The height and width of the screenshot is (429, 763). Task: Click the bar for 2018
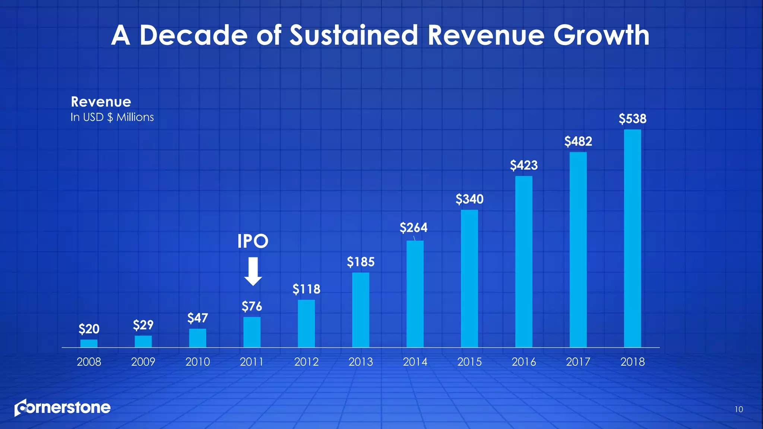point(632,238)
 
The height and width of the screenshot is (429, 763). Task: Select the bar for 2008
point(89,343)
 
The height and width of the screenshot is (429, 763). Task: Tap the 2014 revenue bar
point(415,294)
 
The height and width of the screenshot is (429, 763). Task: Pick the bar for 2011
point(252,332)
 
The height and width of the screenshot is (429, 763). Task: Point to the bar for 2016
point(523,261)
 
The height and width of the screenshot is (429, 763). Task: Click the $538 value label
point(632,119)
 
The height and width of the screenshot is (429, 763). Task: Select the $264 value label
point(414,228)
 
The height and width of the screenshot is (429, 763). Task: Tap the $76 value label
point(252,306)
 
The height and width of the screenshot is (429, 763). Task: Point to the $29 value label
point(143,325)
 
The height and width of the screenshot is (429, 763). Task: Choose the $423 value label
point(523,165)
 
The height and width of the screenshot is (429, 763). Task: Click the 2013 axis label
point(360,362)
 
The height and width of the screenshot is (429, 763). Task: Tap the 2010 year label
point(197,362)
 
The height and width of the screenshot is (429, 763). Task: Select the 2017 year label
point(578,362)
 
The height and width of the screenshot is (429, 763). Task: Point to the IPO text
point(253,241)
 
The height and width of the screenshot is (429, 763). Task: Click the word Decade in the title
point(193,35)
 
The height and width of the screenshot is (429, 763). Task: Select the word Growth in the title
point(601,35)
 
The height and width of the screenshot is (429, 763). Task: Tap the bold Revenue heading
point(101,102)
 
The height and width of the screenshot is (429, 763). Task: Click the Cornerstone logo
point(63,408)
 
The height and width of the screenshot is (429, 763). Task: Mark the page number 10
point(738,410)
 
